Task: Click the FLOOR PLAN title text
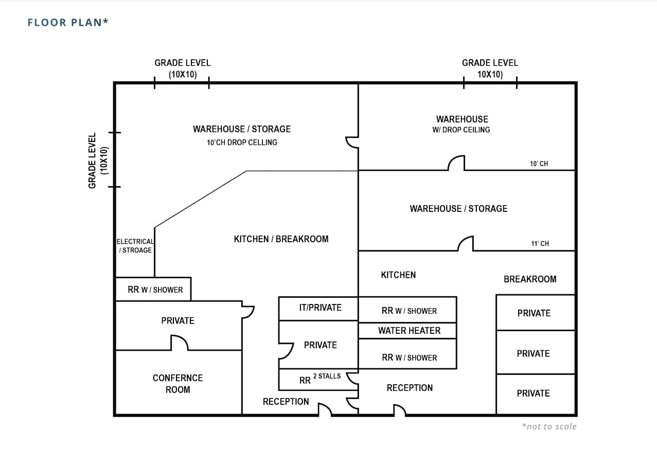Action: tap(68, 22)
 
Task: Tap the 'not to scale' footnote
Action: tap(549, 426)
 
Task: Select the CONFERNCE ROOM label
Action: tap(177, 384)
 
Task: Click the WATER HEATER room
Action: tap(409, 331)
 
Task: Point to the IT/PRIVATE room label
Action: tap(320, 308)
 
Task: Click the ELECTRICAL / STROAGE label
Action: tap(135, 246)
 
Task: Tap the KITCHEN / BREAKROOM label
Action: tap(281, 239)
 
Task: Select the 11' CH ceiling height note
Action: tap(540, 243)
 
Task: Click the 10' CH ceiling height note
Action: tap(539, 164)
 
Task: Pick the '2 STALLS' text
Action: tap(327, 376)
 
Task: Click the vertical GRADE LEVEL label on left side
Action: tap(98, 160)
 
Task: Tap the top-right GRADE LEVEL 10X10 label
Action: tap(490, 68)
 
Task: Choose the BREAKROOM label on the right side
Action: tap(530, 279)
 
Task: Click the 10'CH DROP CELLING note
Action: tap(242, 142)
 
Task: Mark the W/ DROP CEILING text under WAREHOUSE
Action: tap(461, 130)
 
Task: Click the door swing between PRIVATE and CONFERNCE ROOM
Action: tap(179, 343)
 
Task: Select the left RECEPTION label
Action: tap(286, 402)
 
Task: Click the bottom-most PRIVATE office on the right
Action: tap(534, 393)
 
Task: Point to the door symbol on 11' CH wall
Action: tap(466, 243)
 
